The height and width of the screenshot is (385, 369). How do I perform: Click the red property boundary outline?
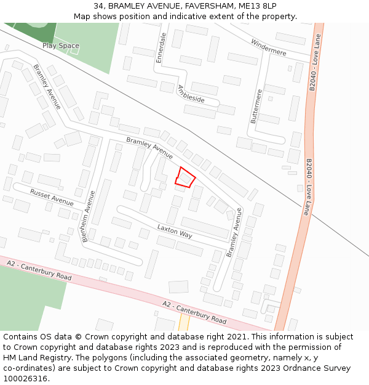click(185, 177)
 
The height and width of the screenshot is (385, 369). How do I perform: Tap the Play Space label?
click(61, 46)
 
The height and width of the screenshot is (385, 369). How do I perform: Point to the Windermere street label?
click(269, 47)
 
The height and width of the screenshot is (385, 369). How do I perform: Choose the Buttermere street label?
click(256, 107)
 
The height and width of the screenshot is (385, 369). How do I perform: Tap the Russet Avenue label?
click(52, 197)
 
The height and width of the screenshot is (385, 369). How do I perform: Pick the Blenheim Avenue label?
click(88, 216)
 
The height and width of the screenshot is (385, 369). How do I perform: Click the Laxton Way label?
click(175, 231)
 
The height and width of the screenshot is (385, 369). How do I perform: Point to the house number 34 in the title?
click(99, 6)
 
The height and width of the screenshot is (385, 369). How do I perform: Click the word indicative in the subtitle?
click(187, 17)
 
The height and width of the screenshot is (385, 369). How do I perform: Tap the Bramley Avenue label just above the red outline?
click(149, 147)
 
